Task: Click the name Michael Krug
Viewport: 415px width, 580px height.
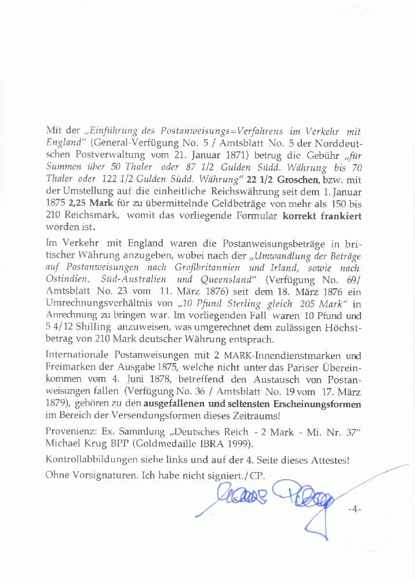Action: (71, 444)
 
